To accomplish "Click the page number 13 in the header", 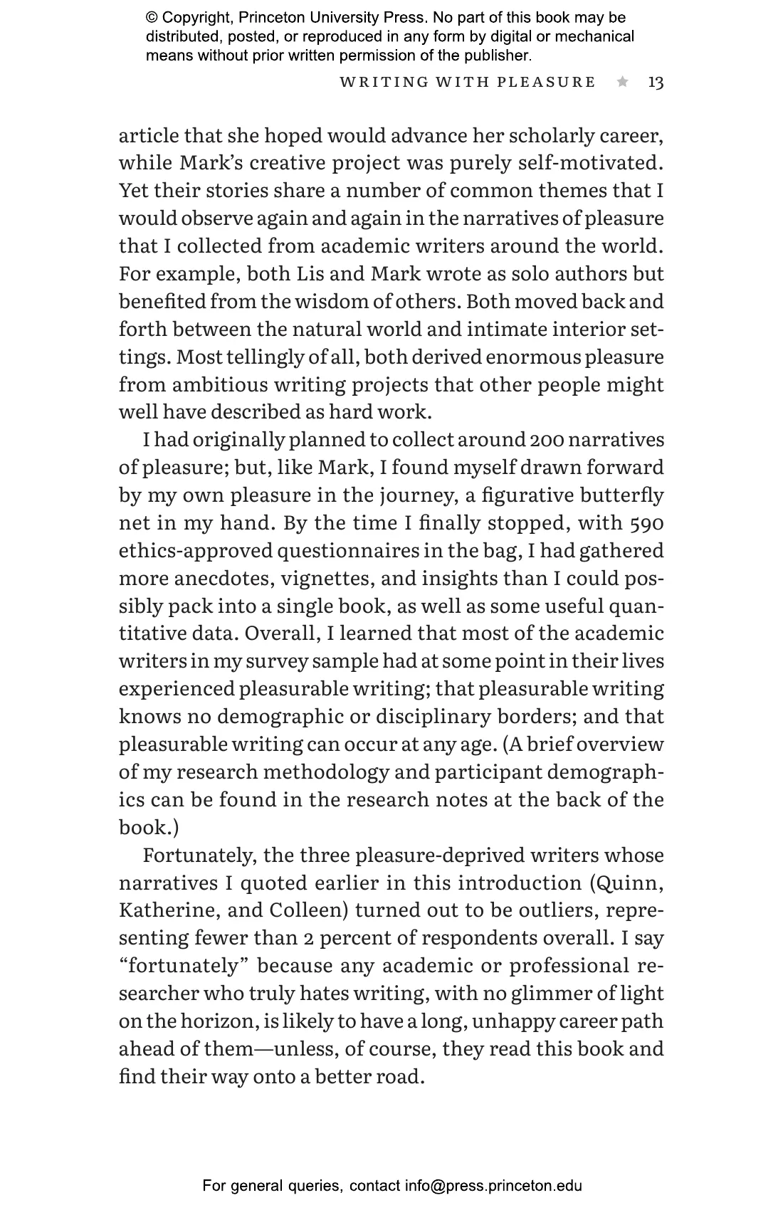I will coord(656,83).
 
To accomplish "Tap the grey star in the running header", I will coord(623,82).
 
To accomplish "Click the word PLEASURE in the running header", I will coord(547,83).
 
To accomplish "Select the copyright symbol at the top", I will coord(152,18).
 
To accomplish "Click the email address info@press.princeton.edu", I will coord(494,1186).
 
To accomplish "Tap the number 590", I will coord(646,523).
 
